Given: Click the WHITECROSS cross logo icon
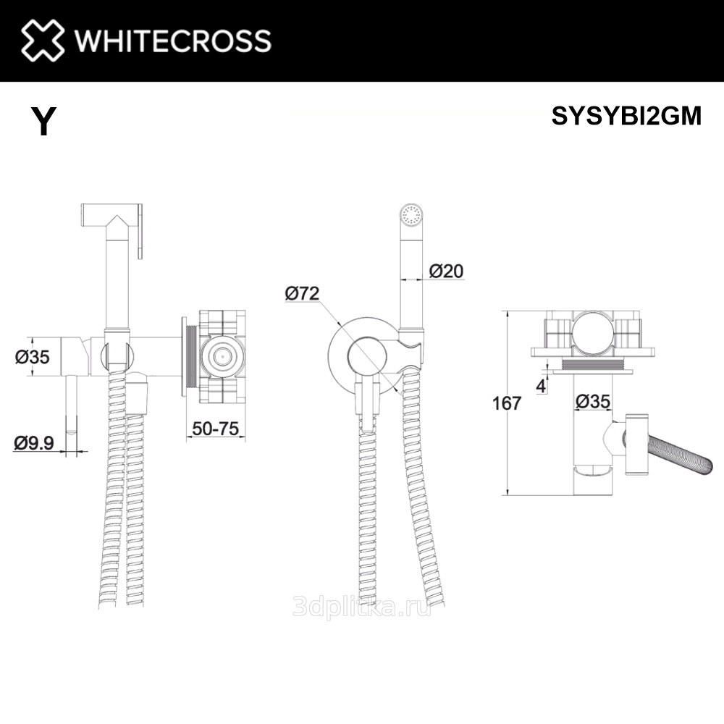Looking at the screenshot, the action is tap(43, 40).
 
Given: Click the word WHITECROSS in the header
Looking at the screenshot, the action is tap(173, 41).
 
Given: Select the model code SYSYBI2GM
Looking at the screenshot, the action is tap(626, 115).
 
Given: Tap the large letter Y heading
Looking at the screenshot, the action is tap(44, 121).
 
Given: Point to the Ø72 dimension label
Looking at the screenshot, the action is tap(302, 293).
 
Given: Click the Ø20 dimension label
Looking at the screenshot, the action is tap(446, 271).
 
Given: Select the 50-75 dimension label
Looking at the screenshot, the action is tap(216, 429).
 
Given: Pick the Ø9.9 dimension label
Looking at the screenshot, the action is tap(34, 443).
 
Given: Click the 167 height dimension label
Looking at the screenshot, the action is tap(507, 403).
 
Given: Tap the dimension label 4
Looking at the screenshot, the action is tap(541, 386).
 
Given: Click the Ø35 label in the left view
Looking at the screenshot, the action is tap(32, 357).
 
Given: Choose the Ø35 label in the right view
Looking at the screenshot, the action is tap(593, 401).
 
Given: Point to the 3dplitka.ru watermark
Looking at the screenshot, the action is tap(362, 605).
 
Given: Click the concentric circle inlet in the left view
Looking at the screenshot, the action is tap(221, 355).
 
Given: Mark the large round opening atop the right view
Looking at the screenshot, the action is tap(593, 332).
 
